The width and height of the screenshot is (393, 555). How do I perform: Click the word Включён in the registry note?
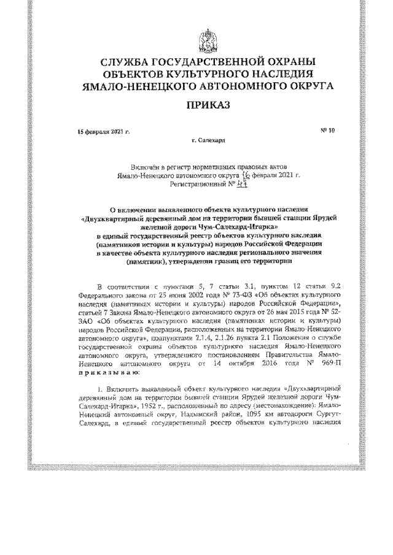point(145,166)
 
